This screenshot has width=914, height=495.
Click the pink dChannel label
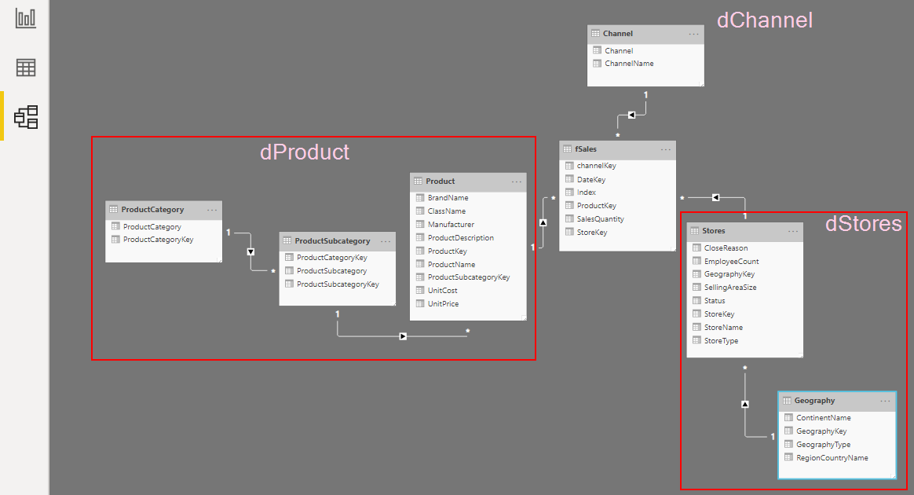764,20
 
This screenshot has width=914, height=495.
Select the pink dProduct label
305,152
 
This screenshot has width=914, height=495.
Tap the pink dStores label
863,224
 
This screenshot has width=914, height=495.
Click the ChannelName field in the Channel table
629,64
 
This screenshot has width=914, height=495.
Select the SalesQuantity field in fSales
601,219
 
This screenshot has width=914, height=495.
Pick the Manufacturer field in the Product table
451,225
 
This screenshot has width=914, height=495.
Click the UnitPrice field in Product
443,304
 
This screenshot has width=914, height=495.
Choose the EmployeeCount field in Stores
731,262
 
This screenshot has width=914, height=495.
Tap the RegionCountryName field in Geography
832,458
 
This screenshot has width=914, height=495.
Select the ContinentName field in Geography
823,418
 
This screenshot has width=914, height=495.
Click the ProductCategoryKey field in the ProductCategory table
158,240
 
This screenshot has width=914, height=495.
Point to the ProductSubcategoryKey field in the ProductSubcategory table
338,284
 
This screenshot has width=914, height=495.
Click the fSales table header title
586,149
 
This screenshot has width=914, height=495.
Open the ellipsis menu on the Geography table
886,401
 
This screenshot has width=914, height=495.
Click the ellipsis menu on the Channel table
694,34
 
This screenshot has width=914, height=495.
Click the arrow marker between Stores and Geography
745,404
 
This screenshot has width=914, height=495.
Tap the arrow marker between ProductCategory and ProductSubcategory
250,252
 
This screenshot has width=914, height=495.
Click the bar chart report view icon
26,18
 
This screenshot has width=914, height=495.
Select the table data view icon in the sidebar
26,68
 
